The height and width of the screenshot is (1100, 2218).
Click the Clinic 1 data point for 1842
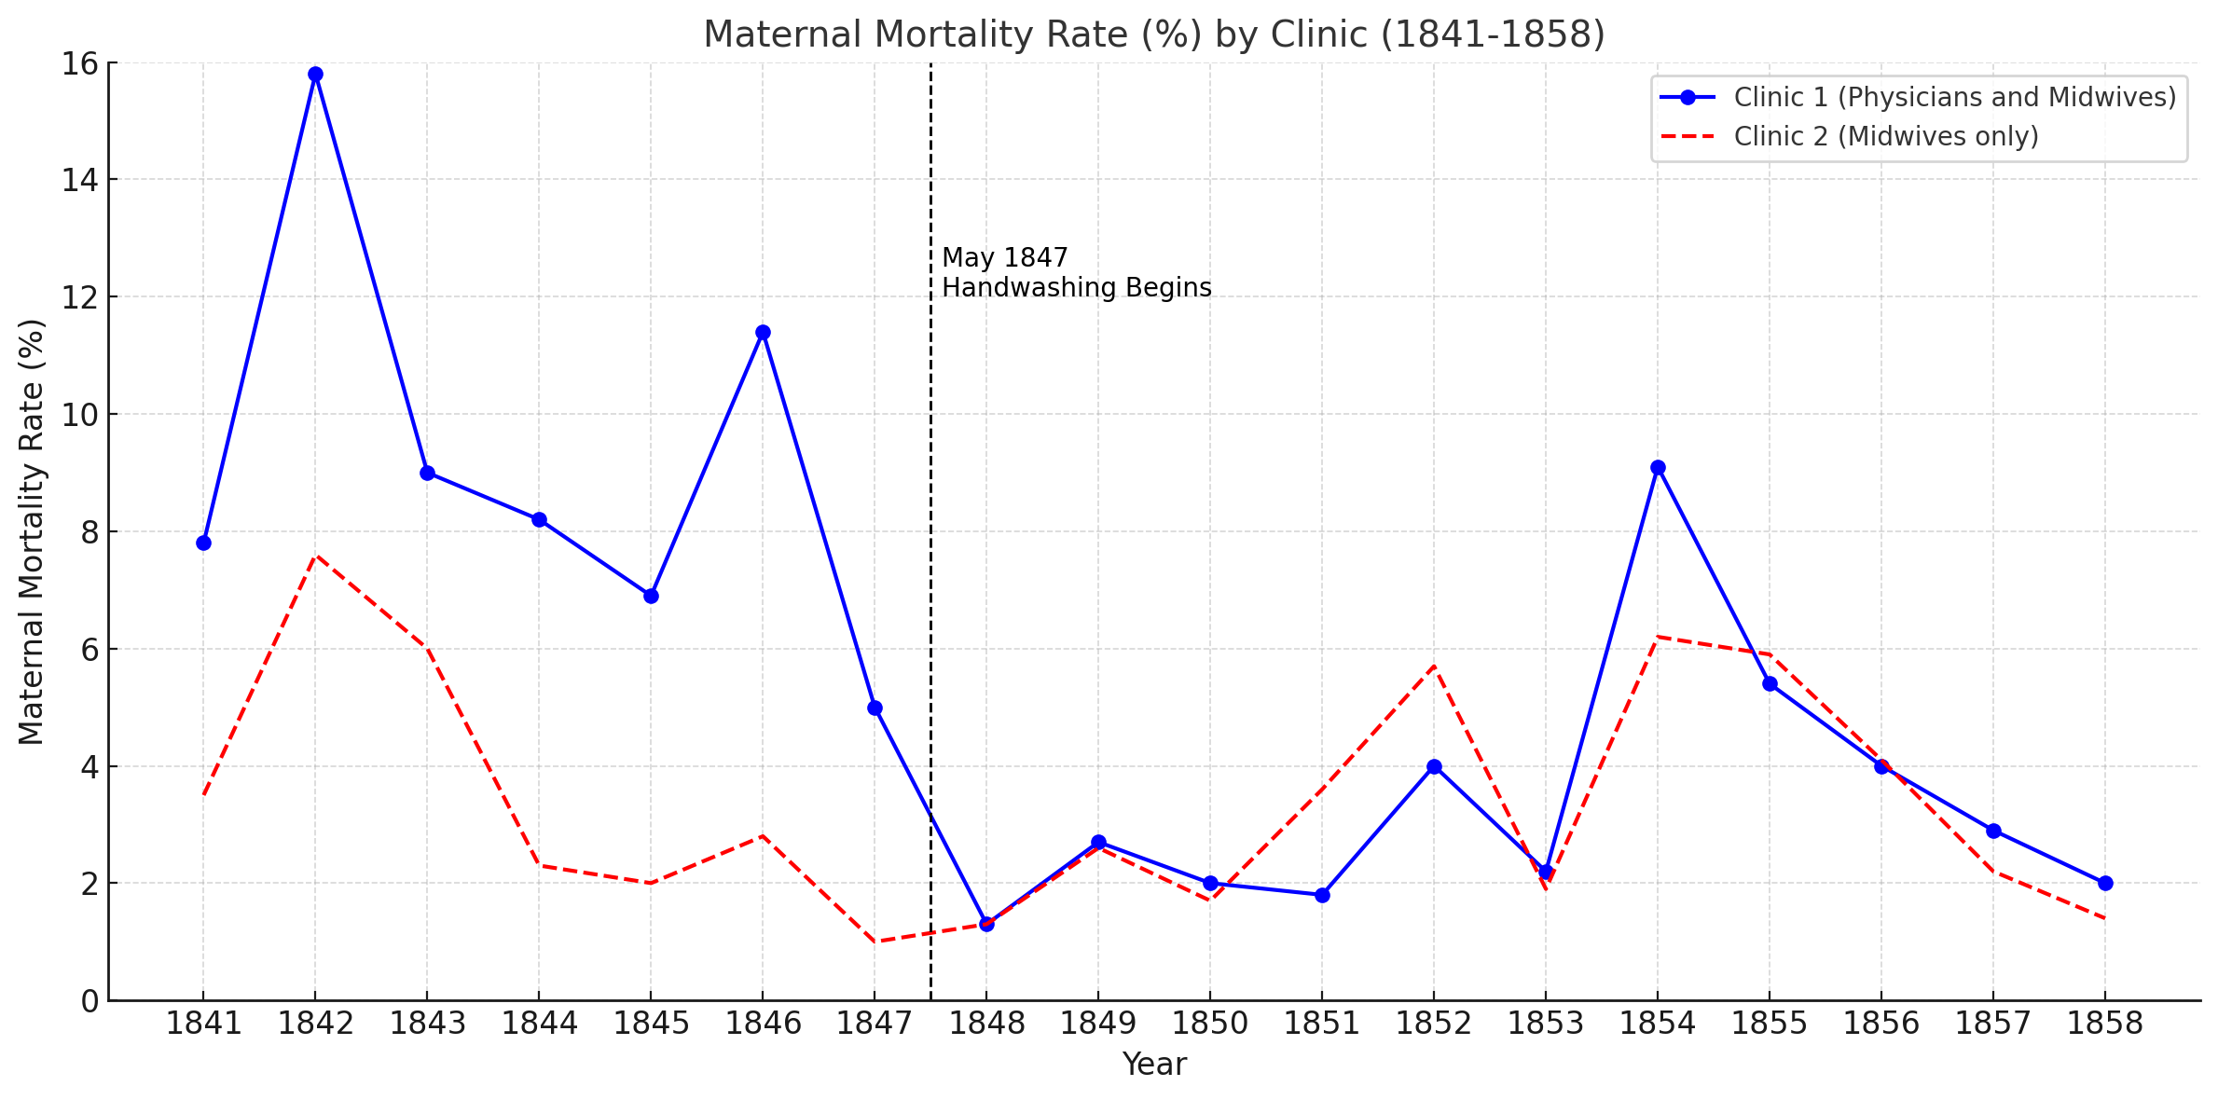[x=315, y=75]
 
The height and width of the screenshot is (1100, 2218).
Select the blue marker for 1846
[x=763, y=332]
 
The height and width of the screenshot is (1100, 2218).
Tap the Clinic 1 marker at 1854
[x=1658, y=467]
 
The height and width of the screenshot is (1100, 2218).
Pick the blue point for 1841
[x=203, y=543]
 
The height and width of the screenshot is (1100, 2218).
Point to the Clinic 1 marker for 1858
[x=2105, y=883]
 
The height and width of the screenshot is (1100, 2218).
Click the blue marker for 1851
[x=1322, y=895]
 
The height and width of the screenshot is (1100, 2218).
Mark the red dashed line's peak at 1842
[x=315, y=556]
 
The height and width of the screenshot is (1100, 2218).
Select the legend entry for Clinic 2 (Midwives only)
[x=1886, y=136]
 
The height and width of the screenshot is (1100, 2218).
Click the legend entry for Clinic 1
[x=1918, y=97]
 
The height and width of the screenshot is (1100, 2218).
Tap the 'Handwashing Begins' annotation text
[x=1077, y=288]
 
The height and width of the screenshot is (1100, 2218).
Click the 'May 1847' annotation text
[x=1005, y=258]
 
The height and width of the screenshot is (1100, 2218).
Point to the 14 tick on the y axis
[x=80, y=180]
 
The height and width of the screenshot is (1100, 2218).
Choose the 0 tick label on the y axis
[x=90, y=1001]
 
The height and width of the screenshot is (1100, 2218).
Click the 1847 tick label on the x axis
[x=875, y=1024]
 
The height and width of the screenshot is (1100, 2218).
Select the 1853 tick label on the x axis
[x=1546, y=1024]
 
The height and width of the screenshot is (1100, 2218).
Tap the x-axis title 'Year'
[x=1154, y=1065]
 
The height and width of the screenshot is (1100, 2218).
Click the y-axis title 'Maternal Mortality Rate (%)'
[x=32, y=531]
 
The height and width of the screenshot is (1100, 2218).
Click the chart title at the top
[x=1154, y=34]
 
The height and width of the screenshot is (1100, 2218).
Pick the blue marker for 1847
[x=875, y=708]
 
